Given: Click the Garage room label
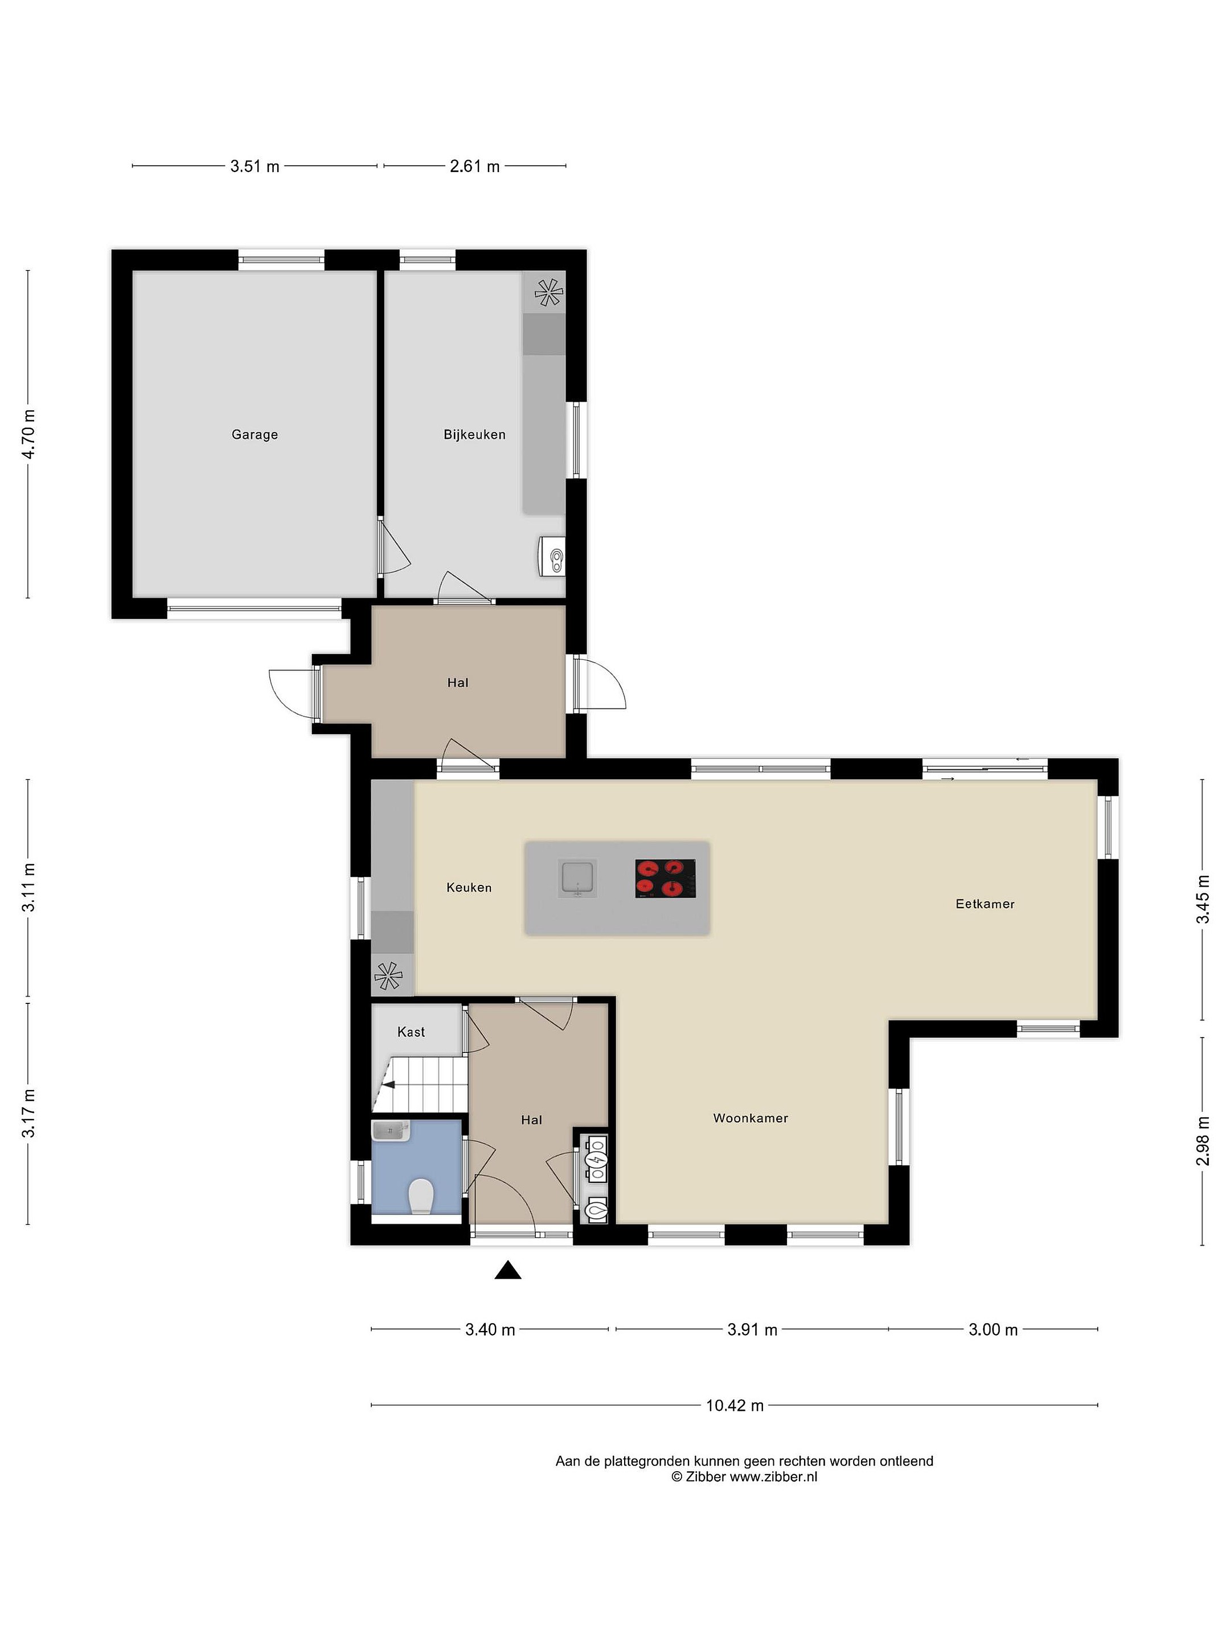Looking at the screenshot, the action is tap(255, 435).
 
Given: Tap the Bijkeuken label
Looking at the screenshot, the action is tap(474, 435).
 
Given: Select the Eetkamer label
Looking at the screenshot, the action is tap(985, 904).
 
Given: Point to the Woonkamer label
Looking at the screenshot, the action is tap(751, 1118).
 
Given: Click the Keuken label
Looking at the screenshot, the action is tap(469, 887).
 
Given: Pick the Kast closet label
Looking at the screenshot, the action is tap(411, 1032).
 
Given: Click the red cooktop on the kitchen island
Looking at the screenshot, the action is tap(665, 879).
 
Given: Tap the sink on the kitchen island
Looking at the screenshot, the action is tap(577, 879).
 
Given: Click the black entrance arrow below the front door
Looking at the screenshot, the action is tap(508, 1270).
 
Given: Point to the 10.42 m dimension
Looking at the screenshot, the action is tap(734, 1405).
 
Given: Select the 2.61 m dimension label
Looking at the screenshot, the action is tap(474, 166).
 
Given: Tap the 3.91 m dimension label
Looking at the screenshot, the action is tap(752, 1329).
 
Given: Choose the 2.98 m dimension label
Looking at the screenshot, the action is tap(1203, 1141).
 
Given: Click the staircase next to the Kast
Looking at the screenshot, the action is tap(420, 1084).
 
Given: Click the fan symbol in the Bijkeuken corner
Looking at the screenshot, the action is tap(548, 292).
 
